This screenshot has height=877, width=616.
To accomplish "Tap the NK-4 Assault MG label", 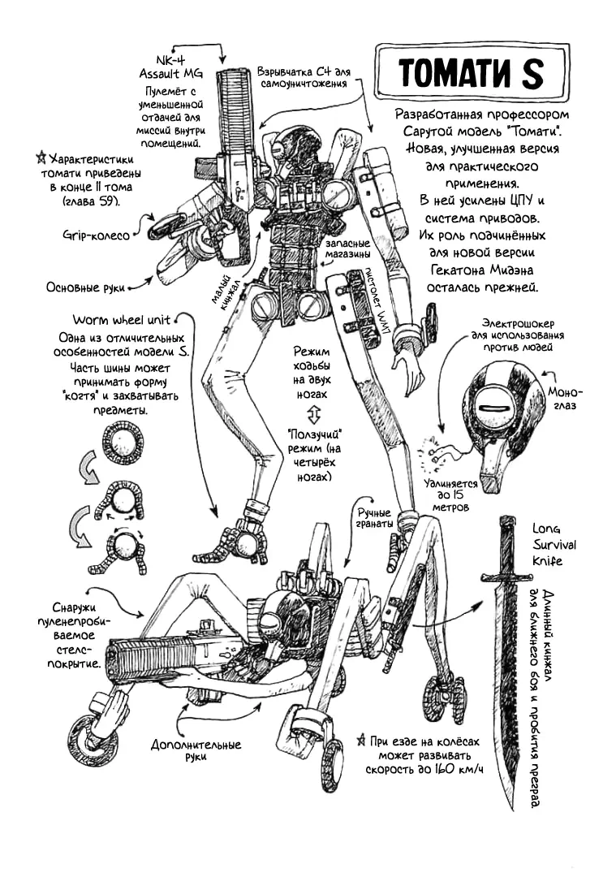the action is [x=171, y=67].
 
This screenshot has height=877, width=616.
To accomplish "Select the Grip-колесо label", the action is [x=96, y=235].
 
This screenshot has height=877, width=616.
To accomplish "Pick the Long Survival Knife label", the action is [x=554, y=545].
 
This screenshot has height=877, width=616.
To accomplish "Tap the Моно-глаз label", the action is [x=565, y=398].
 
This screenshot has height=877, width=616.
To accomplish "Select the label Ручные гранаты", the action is [x=374, y=518].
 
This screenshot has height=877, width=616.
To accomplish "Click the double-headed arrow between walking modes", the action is [x=313, y=415].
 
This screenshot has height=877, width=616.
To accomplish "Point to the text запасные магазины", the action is [x=347, y=249].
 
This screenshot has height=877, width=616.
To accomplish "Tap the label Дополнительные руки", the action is [x=196, y=750].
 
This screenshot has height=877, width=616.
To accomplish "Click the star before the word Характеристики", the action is [x=41, y=158].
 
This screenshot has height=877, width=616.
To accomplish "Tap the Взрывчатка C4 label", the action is [x=304, y=77].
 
